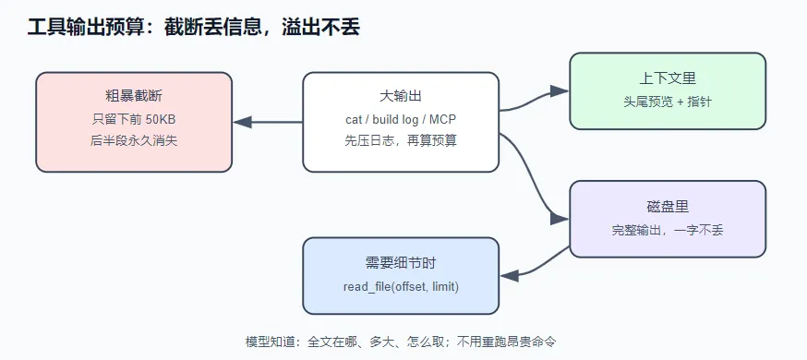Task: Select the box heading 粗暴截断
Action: [134, 95]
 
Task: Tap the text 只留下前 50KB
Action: [134, 119]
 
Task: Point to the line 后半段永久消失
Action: [134, 140]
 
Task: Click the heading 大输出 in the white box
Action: [401, 95]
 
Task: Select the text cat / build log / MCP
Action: [401, 119]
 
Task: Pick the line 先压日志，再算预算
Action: [401, 140]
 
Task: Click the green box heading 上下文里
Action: [668, 78]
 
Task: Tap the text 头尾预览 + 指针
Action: [668, 102]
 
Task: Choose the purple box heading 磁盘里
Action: [668, 206]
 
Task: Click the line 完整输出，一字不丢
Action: [668, 229]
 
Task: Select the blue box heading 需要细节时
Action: [401, 263]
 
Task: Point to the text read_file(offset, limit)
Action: [401, 286]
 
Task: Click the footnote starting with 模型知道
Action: [401, 342]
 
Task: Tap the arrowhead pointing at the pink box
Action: [243, 122]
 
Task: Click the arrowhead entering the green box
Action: [560, 91]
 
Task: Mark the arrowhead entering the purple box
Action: [560, 219]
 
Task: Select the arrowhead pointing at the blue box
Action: [510, 276]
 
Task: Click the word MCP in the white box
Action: [444, 119]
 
